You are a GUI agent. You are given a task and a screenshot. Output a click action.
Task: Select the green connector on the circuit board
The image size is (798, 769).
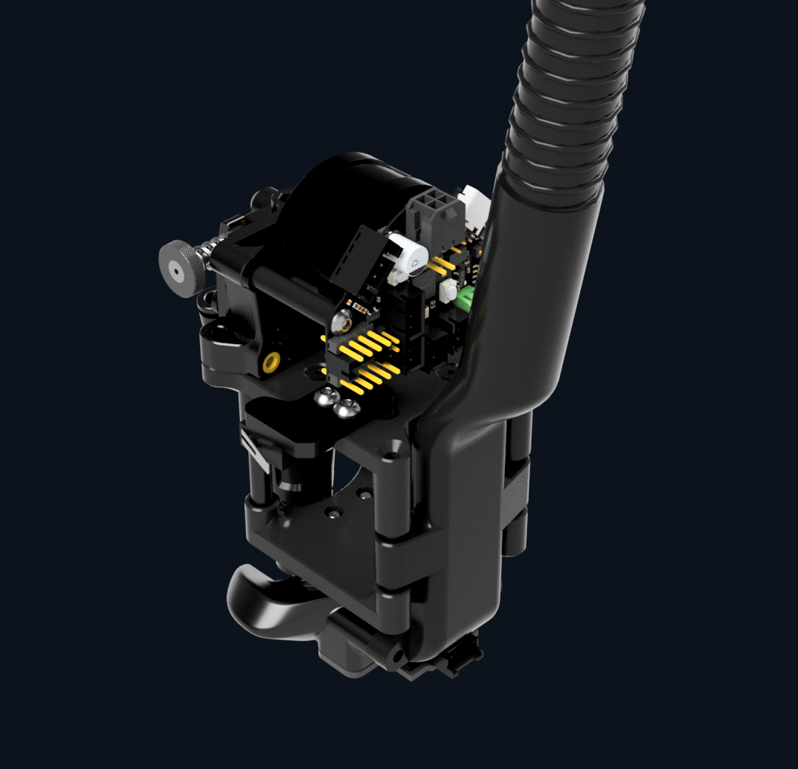pyautogui.click(x=466, y=300)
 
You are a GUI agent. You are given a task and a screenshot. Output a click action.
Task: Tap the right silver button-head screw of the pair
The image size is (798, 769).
pyautogui.click(x=346, y=406)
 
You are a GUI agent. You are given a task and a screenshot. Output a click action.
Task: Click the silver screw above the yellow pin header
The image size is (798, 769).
pyautogui.click(x=344, y=322)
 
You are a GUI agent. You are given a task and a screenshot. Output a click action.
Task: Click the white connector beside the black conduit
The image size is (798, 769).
pyautogui.click(x=473, y=205)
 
